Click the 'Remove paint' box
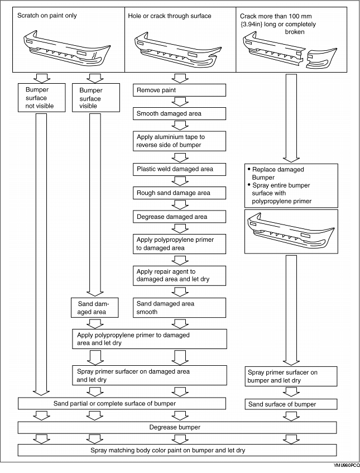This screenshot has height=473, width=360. (x=179, y=90)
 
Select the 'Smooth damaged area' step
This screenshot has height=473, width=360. (x=179, y=114)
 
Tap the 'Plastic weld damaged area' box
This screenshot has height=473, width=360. (x=179, y=169)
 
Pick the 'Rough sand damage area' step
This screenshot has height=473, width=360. (x=179, y=193)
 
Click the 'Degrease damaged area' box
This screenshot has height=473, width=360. (x=179, y=217)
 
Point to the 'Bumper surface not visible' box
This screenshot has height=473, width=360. (x=42, y=98)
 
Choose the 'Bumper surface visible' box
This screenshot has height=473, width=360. (x=96, y=98)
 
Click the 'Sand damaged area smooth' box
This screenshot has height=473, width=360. (x=179, y=308)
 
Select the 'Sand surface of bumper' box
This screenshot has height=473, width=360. (x=291, y=404)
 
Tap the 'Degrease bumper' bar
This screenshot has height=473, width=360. (x=177, y=427)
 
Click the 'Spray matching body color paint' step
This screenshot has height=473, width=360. (x=177, y=450)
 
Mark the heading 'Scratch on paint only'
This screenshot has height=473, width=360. (x=47, y=16)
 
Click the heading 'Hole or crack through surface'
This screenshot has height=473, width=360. (x=170, y=16)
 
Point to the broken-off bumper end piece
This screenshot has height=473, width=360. (x=321, y=58)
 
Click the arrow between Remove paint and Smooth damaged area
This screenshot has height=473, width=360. (x=180, y=102)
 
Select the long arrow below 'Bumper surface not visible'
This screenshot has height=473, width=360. (x=41, y=254)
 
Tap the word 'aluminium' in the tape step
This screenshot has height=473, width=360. (x=171, y=137)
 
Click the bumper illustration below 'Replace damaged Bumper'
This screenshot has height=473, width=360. (x=291, y=231)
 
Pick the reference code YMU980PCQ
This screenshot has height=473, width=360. (x=347, y=465)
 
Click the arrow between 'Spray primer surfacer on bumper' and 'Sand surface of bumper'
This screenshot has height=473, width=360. (x=291, y=392)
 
